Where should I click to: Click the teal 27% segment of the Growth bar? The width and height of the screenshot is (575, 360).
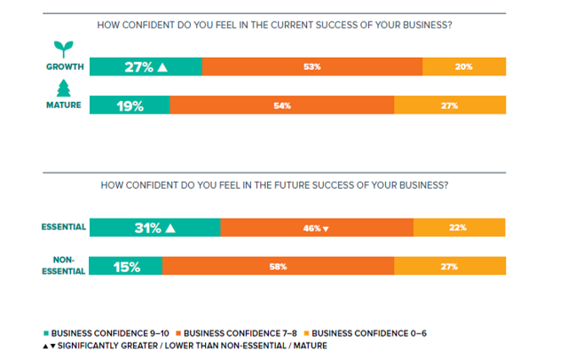[146, 67]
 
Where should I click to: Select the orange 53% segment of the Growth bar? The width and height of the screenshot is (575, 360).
[311, 67]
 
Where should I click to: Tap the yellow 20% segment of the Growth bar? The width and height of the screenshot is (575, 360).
[464, 67]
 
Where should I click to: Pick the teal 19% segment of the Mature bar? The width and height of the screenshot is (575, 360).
[130, 106]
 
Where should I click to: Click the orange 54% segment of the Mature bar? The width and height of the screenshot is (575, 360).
[281, 106]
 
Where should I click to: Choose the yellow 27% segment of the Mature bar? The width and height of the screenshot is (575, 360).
[450, 106]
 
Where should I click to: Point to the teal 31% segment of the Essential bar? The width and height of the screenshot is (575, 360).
[154, 228]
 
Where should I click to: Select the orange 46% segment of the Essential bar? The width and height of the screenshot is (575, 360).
[317, 228]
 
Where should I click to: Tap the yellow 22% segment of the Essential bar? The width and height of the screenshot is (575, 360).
[460, 228]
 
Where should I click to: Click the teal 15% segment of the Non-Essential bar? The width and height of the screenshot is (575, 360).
[126, 266]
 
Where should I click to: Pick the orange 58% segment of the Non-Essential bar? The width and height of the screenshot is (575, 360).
[278, 266]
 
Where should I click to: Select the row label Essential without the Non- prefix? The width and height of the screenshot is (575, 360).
[63, 227]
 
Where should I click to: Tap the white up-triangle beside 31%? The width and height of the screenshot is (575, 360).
[169, 228]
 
